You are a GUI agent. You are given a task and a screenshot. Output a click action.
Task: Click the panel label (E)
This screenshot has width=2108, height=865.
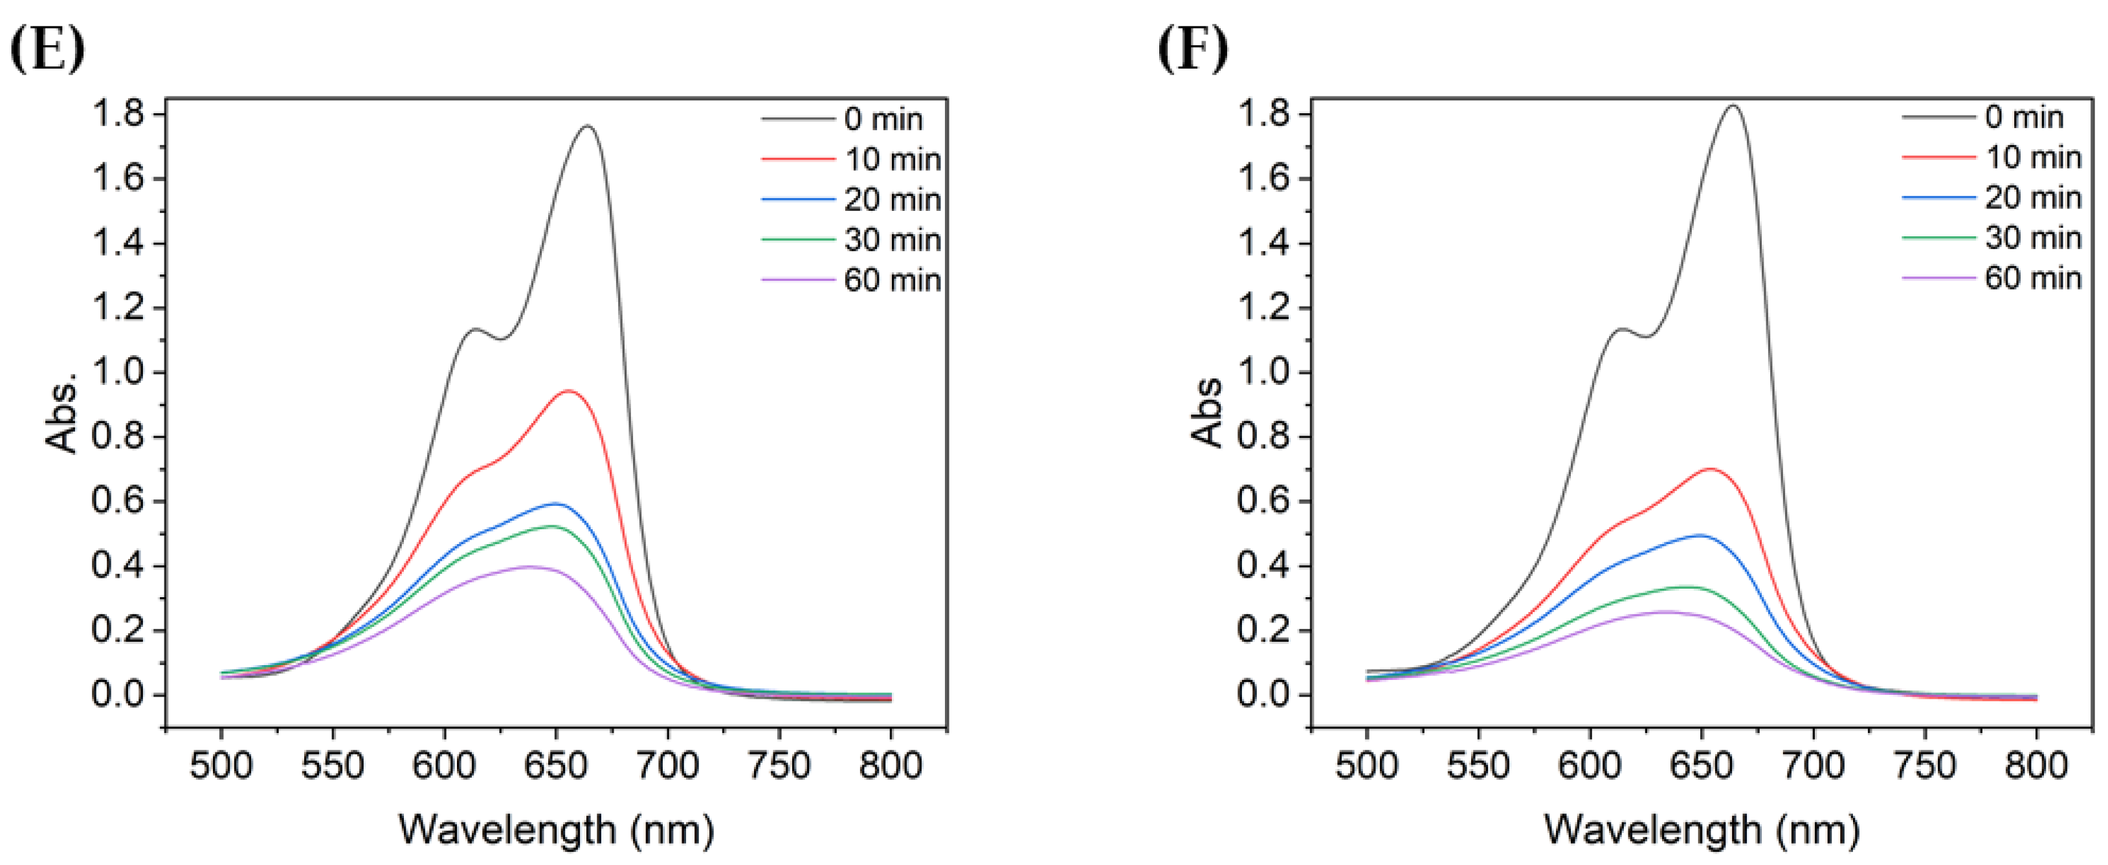(47, 49)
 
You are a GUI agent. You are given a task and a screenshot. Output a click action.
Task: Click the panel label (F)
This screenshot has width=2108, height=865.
(1192, 49)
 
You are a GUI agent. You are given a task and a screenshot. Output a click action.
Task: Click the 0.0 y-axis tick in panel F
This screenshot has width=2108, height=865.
(1263, 695)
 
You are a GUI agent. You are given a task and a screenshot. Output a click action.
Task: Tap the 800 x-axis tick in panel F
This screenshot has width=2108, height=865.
(2036, 766)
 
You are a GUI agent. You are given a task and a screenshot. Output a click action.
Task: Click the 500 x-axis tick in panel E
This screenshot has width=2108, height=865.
(221, 766)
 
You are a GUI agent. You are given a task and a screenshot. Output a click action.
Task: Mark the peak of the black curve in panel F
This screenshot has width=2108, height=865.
(1733, 105)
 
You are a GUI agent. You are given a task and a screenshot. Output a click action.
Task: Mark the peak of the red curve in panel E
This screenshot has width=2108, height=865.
(568, 391)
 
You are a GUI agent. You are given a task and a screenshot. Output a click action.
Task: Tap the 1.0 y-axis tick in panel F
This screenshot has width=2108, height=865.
(1263, 373)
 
